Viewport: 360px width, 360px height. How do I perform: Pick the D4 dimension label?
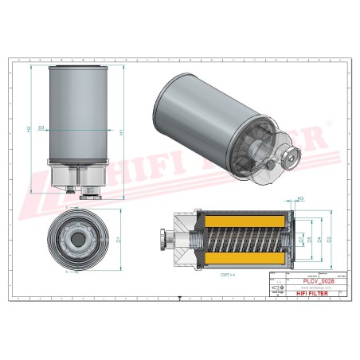[x=319, y=238]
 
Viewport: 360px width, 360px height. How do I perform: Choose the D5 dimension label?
[x=309, y=238]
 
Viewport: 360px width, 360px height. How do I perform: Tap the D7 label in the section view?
[x=300, y=238]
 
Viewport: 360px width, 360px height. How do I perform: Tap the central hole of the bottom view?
[x=80, y=237]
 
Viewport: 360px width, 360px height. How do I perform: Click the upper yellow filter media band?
[x=239, y=218]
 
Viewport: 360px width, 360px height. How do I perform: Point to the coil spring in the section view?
[x=239, y=238]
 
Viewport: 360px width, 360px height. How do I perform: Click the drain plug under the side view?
[x=71, y=191]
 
